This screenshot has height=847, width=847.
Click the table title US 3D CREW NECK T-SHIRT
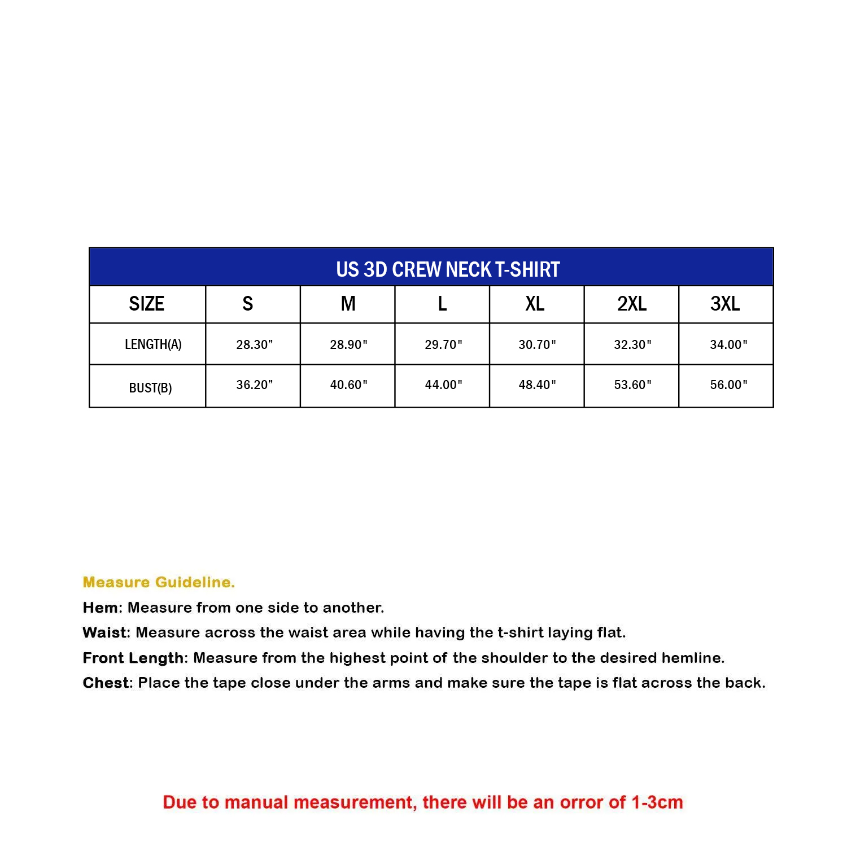coord(448,269)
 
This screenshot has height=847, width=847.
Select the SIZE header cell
coord(146,304)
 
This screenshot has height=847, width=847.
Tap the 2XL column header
coord(631,304)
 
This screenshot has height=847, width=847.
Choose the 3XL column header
coord(725,304)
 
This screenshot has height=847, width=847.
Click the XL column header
coord(535,304)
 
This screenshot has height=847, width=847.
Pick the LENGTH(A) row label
coord(153,344)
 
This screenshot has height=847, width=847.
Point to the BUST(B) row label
coord(150,388)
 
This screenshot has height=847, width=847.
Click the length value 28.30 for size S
coord(254,344)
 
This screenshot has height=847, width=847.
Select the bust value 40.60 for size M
coord(348,385)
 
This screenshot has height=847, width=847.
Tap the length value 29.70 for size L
coord(443,344)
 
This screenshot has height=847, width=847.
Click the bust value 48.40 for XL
coord(537,385)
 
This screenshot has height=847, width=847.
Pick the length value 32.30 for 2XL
coord(632,344)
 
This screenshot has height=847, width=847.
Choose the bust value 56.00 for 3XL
coord(728,385)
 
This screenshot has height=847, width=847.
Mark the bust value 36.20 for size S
coord(254,385)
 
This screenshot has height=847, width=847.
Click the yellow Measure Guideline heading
coord(159,582)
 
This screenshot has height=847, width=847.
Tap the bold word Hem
coord(101,608)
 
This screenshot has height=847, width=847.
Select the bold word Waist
coord(105,632)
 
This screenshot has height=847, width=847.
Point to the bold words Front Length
coord(133,658)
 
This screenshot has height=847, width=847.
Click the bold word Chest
coord(106,683)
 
